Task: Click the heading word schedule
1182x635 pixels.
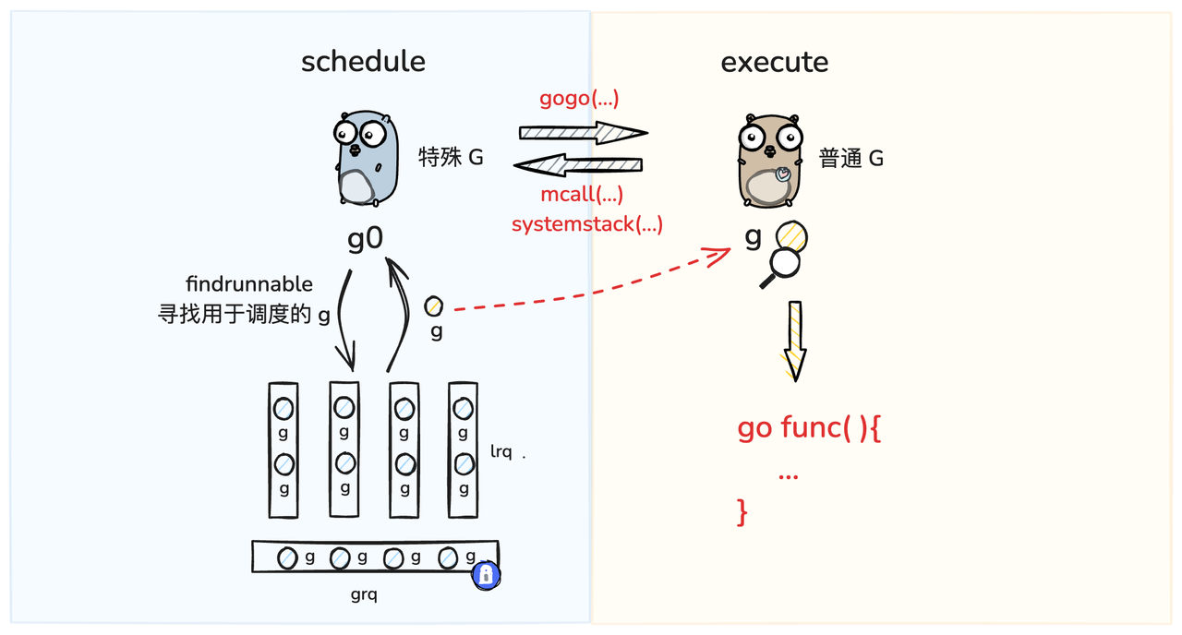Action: click(x=363, y=62)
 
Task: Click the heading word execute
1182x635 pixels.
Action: click(x=774, y=62)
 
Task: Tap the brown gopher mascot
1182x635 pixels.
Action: click(x=769, y=161)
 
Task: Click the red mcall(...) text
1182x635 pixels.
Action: click(x=582, y=195)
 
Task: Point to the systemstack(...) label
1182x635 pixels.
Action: click(x=586, y=223)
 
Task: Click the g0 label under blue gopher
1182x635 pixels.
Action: click(x=365, y=238)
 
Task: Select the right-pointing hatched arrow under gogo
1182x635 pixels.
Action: click(x=582, y=132)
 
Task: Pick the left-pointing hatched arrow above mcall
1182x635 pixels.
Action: click(x=578, y=165)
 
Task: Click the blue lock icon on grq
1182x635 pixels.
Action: click(x=486, y=575)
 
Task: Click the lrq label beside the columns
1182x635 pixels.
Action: click(x=501, y=453)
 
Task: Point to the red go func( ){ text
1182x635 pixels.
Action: click(x=809, y=428)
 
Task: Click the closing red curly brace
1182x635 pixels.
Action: click(x=742, y=510)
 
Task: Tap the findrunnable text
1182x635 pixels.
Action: click(x=249, y=284)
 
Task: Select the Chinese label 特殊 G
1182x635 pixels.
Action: click(x=451, y=158)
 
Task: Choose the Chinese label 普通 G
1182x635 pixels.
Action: click(x=850, y=159)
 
